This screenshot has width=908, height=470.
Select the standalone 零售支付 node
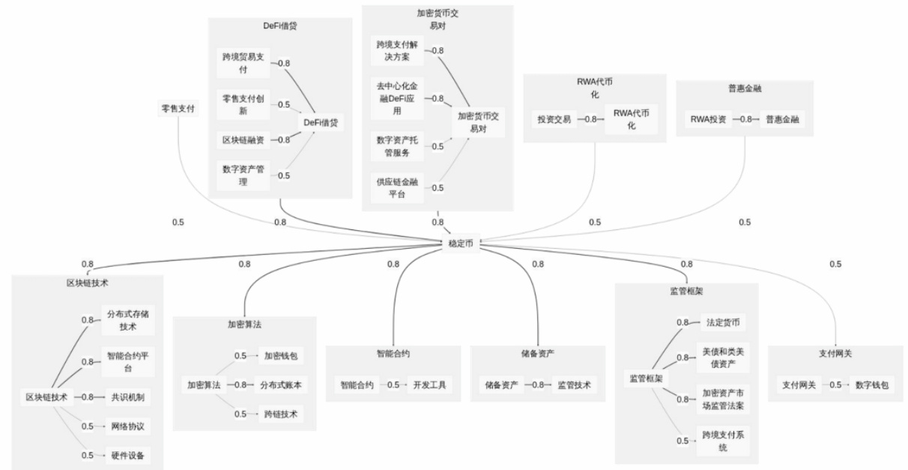[x=178, y=109]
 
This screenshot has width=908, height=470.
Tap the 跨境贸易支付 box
[x=242, y=64]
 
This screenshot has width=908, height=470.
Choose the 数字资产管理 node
[x=242, y=175]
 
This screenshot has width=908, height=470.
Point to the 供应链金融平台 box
[x=397, y=187]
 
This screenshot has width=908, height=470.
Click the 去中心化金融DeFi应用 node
[x=397, y=98]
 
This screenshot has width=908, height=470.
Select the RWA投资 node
[x=707, y=119]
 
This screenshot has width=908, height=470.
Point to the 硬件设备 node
[x=127, y=455]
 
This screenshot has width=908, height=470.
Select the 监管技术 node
[x=575, y=385]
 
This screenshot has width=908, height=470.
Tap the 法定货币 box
[x=722, y=322]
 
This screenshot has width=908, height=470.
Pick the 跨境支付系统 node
[x=722, y=441]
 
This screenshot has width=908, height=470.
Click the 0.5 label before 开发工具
[x=391, y=385]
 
